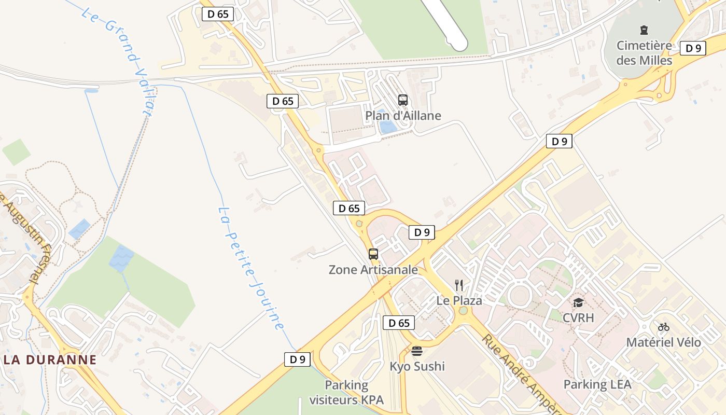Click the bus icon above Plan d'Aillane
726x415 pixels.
pyautogui.click(x=403, y=100)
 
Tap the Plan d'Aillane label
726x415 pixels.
pyautogui.click(x=403, y=116)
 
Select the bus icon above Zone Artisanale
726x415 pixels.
pyautogui.click(x=373, y=254)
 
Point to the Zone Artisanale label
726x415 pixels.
pyautogui.click(x=373, y=270)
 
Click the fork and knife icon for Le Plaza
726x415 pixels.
pyautogui.click(x=459, y=285)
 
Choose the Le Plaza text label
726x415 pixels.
pyautogui.click(x=459, y=301)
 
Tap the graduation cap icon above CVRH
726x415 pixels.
pyautogui.click(x=578, y=302)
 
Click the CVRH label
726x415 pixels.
pyautogui.click(x=578, y=318)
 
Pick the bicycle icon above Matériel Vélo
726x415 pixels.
pyautogui.click(x=664, y=327)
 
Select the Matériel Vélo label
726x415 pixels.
pyautogui.click(x=664, y=342)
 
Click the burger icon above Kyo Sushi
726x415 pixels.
pyautogui.click(x=417, y=351)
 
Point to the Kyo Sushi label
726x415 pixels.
pyautogui.click(x=417, y=366)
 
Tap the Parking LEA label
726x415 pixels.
pyautogui.click(x=597, y=384)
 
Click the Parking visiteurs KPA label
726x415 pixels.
pyautogui.click(x=346, y=393)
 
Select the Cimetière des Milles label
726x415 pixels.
pyautogui.click(x=644, y=53)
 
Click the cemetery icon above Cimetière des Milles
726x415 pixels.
pyautogui.click(x=644, y=30)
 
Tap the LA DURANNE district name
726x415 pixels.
pyautogui.click(x=49, y=359)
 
